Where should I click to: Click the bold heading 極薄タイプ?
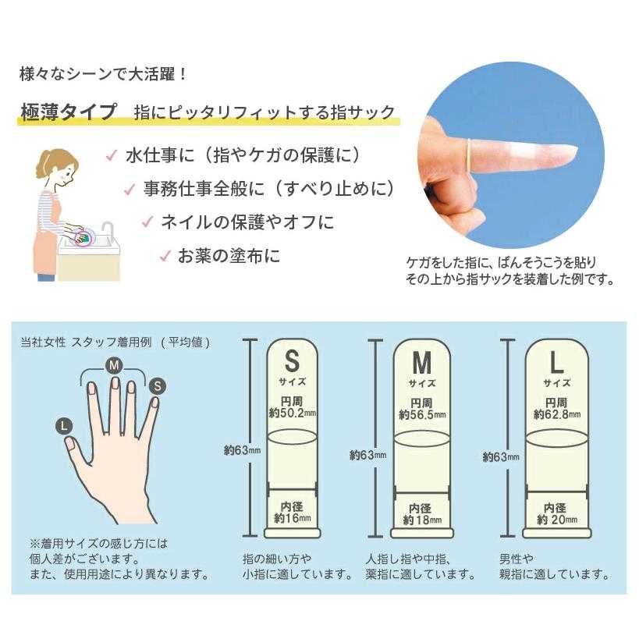pyautogui.click(x=69, y=112)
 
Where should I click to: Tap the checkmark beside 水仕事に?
pyautogui.click(x=112, y=155)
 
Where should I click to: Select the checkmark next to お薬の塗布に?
pyautogui.click(x=165, y=256)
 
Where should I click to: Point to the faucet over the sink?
pyautogui.click(x=107, y=231)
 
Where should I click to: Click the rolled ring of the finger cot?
pyautogui.click(x=470, y=155)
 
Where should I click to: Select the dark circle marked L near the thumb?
pyautogui.click(x=63, y=426)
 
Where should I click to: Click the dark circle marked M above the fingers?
pyautogui.click(x=114, y=365)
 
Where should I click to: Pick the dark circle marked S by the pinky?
pyautogui.click(x=158, y=385)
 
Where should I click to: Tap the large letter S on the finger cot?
pyautogui.click(x=292, y=360)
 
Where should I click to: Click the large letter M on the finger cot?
pyautogui.click(x=422, y=362)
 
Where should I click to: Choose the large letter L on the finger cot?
pyautogui.click(x=556, y=362)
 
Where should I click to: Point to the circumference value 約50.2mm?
pyautogui.click(x=293, y=414)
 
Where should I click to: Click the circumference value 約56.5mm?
pyautogui.click(x=422, y=415)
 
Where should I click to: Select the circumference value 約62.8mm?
pyautogui.click(x=557, y=414)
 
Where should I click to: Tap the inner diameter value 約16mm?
pyautogui.click(x=293, y=518)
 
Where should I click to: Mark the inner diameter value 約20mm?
pyautogui.click(x=557, y=519)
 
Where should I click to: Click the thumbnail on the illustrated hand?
pyautogui.click(x=69, y=443)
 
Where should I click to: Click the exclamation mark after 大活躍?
pyautogui.click(x=183, y=75)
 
